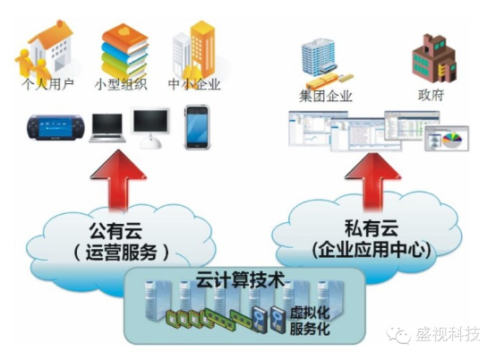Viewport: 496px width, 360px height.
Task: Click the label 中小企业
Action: (194, 86)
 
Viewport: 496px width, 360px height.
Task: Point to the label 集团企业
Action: (325, 95)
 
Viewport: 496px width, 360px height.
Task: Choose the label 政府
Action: (430, 95)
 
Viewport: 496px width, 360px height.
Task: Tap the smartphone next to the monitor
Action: (196, 126)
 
